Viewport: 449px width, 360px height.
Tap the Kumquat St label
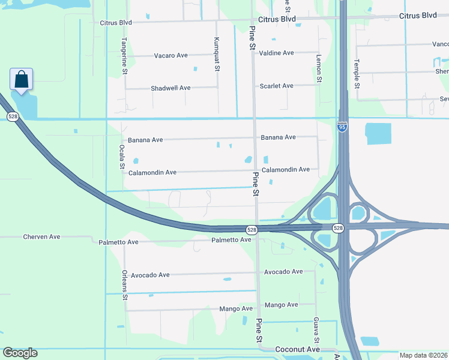click(217, 54)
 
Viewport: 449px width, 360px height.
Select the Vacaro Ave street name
click(171, 56)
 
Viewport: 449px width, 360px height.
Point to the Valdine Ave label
click(276, 53)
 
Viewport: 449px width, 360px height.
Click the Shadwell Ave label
click(170, 88)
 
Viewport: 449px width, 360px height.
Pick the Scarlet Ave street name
click(276, 86)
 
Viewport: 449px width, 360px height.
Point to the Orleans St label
click(125, 284)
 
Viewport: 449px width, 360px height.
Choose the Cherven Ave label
click(41, 237)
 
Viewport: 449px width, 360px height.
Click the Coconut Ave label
click(297, 349)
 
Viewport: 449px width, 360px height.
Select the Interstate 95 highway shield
click(342, 127)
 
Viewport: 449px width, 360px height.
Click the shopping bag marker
click(21, 80)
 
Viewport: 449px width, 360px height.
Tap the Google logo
click(20, 353)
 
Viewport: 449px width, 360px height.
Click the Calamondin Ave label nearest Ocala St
click(152, 173)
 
